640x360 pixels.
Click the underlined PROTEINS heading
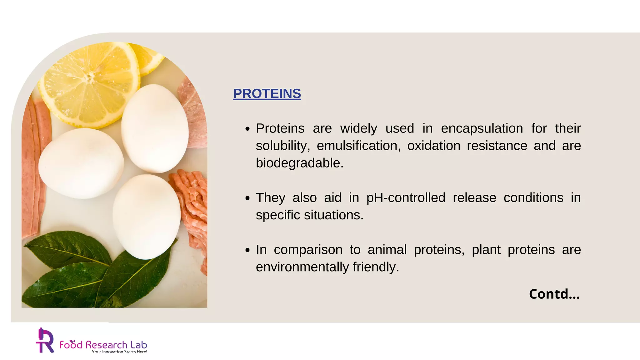click(x=267, y=94)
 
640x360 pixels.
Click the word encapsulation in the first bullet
click(x=482, y=129)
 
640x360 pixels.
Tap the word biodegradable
click(x=299, y=163)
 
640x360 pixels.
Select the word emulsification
click(x=358, y=146)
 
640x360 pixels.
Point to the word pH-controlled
click(x=406, y=198)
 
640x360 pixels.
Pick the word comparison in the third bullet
click(x=308, y=250)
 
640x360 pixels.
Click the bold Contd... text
click(x=554, y=294)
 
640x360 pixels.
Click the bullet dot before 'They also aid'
click(x=247, y=198)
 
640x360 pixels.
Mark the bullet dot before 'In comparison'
click(x=247, y=250)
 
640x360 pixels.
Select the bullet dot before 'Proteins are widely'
click(x=247, y=129)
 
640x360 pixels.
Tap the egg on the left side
click(x=81, y=163)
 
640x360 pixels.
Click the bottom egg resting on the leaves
click(x=146, y=216)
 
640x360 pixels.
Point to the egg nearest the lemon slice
click(x=155, y=128)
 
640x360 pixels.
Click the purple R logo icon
click(x=45, y=341)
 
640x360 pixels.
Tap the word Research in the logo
click(x=106, y=345)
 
